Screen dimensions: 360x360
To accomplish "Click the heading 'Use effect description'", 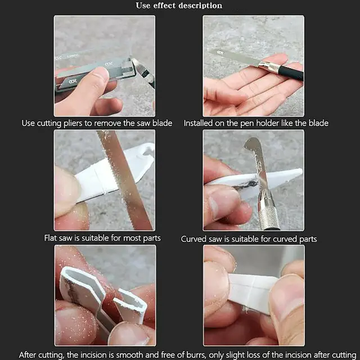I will pos(179,6).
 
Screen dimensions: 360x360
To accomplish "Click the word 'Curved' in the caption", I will pos(193,239).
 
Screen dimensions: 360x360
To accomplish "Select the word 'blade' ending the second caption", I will pos(318,123).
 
